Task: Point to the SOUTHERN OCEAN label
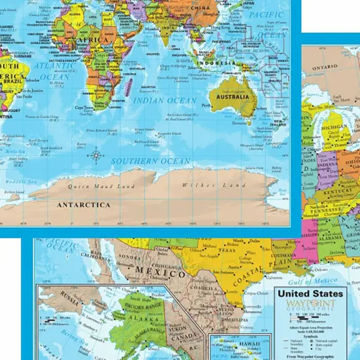[151, 160]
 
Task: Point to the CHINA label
[200, 7]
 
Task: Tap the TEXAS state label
[226, 251]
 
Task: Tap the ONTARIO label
[324, 67]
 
